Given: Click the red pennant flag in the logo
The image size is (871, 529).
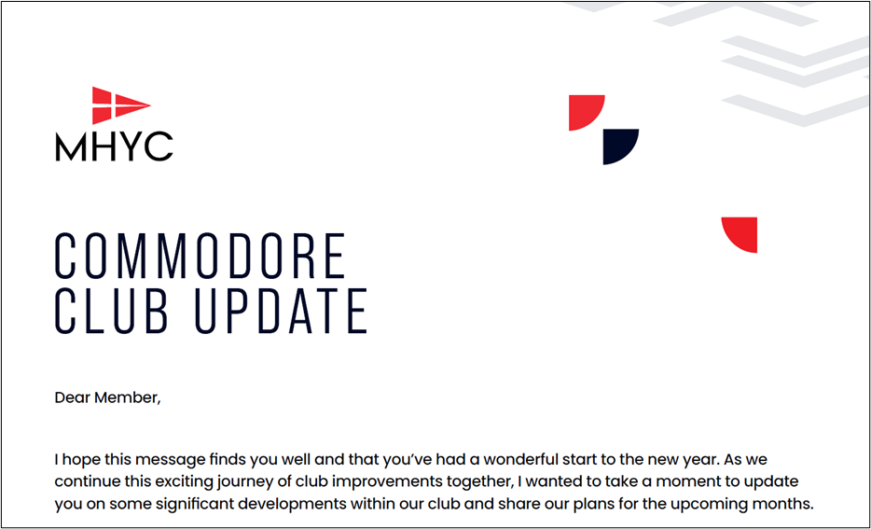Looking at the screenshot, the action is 119,105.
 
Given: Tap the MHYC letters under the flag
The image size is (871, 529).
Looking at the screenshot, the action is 114,146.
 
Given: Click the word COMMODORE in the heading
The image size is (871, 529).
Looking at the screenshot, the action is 200,256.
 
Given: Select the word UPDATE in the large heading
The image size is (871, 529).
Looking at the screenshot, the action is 281,311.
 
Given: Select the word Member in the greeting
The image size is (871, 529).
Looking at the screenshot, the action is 126,397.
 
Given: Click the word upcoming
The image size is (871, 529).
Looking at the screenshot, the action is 708,505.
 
